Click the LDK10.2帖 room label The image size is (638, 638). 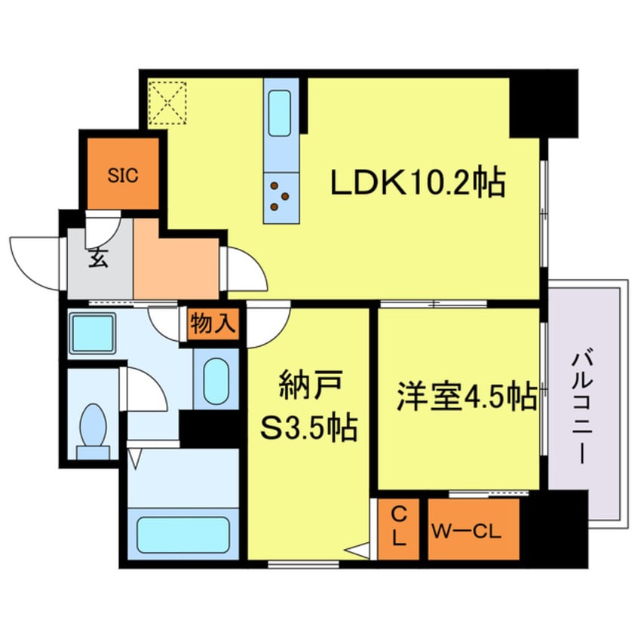(x=416, y=182)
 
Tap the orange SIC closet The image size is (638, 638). (x=123, y=176)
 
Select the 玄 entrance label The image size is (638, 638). (x=98, y=259)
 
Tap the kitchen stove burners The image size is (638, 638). (x=280, y=195)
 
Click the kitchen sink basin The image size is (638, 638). (x=281, y=114)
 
